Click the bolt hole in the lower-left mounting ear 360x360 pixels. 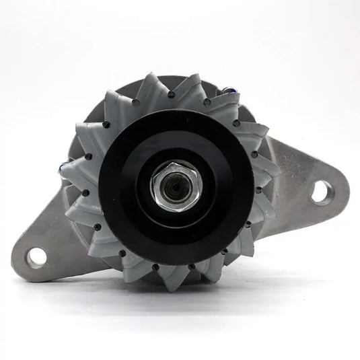point(36,255)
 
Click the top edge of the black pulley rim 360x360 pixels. point(176,108)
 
